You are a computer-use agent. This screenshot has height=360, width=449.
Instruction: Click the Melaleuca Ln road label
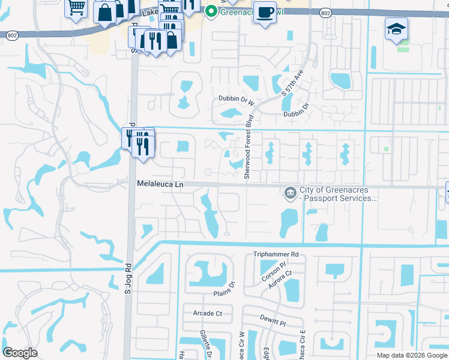pos(160,185)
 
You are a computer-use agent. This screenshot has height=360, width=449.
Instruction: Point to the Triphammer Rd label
pos(276,254)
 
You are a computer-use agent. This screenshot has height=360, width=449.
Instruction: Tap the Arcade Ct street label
pos(208,313)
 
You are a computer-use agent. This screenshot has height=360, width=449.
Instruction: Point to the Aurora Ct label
pos(280,279)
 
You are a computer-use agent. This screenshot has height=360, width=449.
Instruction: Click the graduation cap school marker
pos(396,28)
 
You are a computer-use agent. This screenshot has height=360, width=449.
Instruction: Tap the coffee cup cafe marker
pos(265,12)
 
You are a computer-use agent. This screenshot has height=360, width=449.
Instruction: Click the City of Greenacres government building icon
pos(289,193)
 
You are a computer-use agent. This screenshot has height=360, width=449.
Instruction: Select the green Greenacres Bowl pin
pos(210,10)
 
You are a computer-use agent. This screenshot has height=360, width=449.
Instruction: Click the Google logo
pos(20,353)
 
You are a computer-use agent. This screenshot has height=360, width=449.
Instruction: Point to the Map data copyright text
pos(412,355)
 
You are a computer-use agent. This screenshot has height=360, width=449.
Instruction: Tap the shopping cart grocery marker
pos(76,8)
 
